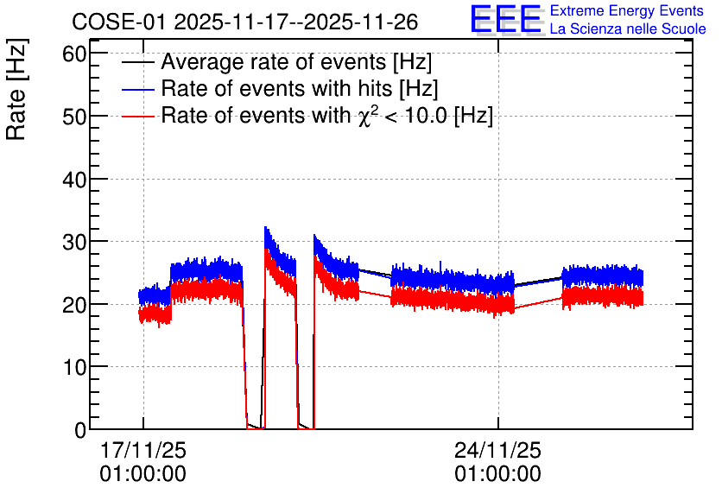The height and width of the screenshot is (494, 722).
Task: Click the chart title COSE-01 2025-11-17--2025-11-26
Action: [245, 22]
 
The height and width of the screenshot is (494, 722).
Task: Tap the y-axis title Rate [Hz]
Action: [16, 89]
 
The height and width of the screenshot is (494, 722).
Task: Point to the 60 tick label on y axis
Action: [74, 54]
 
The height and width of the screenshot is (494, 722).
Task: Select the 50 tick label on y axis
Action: [74, 117]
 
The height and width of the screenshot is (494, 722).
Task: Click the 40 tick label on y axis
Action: [74, 179]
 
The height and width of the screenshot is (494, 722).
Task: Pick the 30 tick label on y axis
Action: [74, 242]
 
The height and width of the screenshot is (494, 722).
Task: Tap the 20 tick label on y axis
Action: [74, 304]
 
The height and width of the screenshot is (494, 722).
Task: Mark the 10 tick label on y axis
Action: [74, 367]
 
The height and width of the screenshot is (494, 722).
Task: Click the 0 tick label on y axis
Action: [80, 429]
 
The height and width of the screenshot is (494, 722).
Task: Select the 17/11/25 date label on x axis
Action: [143, 450]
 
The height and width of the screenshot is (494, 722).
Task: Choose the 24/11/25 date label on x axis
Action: [498, 450]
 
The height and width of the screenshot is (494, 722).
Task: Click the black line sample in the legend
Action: [137, 62]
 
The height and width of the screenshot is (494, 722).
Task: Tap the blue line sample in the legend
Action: [137, 89]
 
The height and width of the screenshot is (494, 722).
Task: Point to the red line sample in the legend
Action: [137, 116]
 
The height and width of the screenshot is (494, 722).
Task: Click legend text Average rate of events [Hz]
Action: [296, 62]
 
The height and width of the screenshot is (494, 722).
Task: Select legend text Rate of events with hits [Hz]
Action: [300, 89]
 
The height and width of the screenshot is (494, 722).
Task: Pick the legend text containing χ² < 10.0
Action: [327, 116]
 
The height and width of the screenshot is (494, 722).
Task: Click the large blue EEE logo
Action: [506, 19]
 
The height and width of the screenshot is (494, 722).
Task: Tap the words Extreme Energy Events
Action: [627, 10]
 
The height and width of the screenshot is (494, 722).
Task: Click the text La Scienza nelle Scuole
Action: [628, 28]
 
